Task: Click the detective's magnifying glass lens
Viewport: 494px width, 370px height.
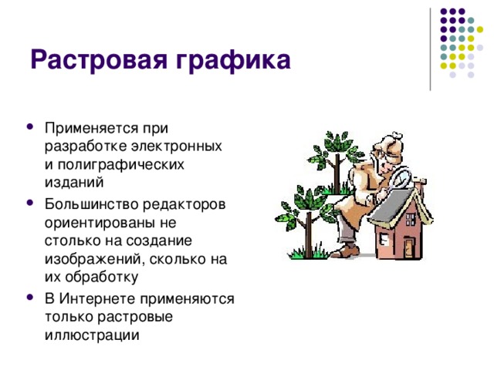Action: click(402, 179)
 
